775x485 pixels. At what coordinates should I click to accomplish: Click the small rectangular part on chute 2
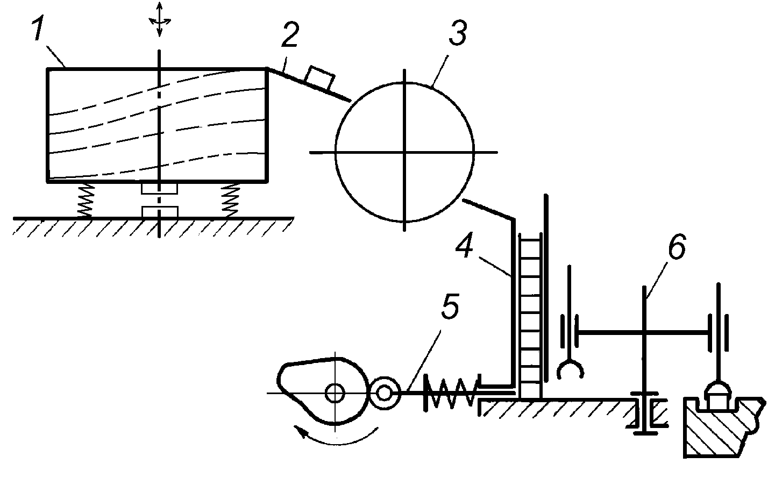[319, 77]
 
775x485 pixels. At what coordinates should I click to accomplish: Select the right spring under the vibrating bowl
[231, 200]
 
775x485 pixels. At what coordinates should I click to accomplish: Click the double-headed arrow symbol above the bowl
[160, 20]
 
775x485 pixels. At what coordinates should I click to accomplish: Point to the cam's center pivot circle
[335, 394]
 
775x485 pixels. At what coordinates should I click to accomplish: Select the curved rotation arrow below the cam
[336, 437]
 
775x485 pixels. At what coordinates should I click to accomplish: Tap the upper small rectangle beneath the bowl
[160, 188]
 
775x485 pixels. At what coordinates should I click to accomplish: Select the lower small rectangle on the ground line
[160, 211]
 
